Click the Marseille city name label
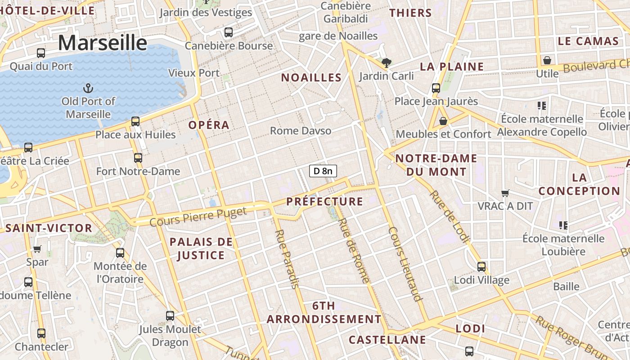[x=103, y=43]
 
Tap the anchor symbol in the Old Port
[x=89, y=88]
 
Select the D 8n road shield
[x=323, y=171]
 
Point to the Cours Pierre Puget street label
[x=198, y=216]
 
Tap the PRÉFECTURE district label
[x=324, y=202]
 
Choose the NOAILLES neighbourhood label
[x=311, y=77]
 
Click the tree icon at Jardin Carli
[x=386, y=63]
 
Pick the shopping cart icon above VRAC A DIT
[x=505, y=193]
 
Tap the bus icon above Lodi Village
[x=481, y=267]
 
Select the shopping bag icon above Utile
[x=547, y=60]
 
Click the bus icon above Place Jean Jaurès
[x=436, y=88]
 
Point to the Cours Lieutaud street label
[x=405, y=263]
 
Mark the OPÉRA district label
[x=209, y=125]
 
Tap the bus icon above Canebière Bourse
[x=229, y=32]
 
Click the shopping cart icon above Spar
[x=37, y=249]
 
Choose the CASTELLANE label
[x=387, y=339]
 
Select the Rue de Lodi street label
[x=449, y=217]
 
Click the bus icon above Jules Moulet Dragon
[x=170, y=316]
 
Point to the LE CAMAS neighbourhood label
[x=588, y=41]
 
